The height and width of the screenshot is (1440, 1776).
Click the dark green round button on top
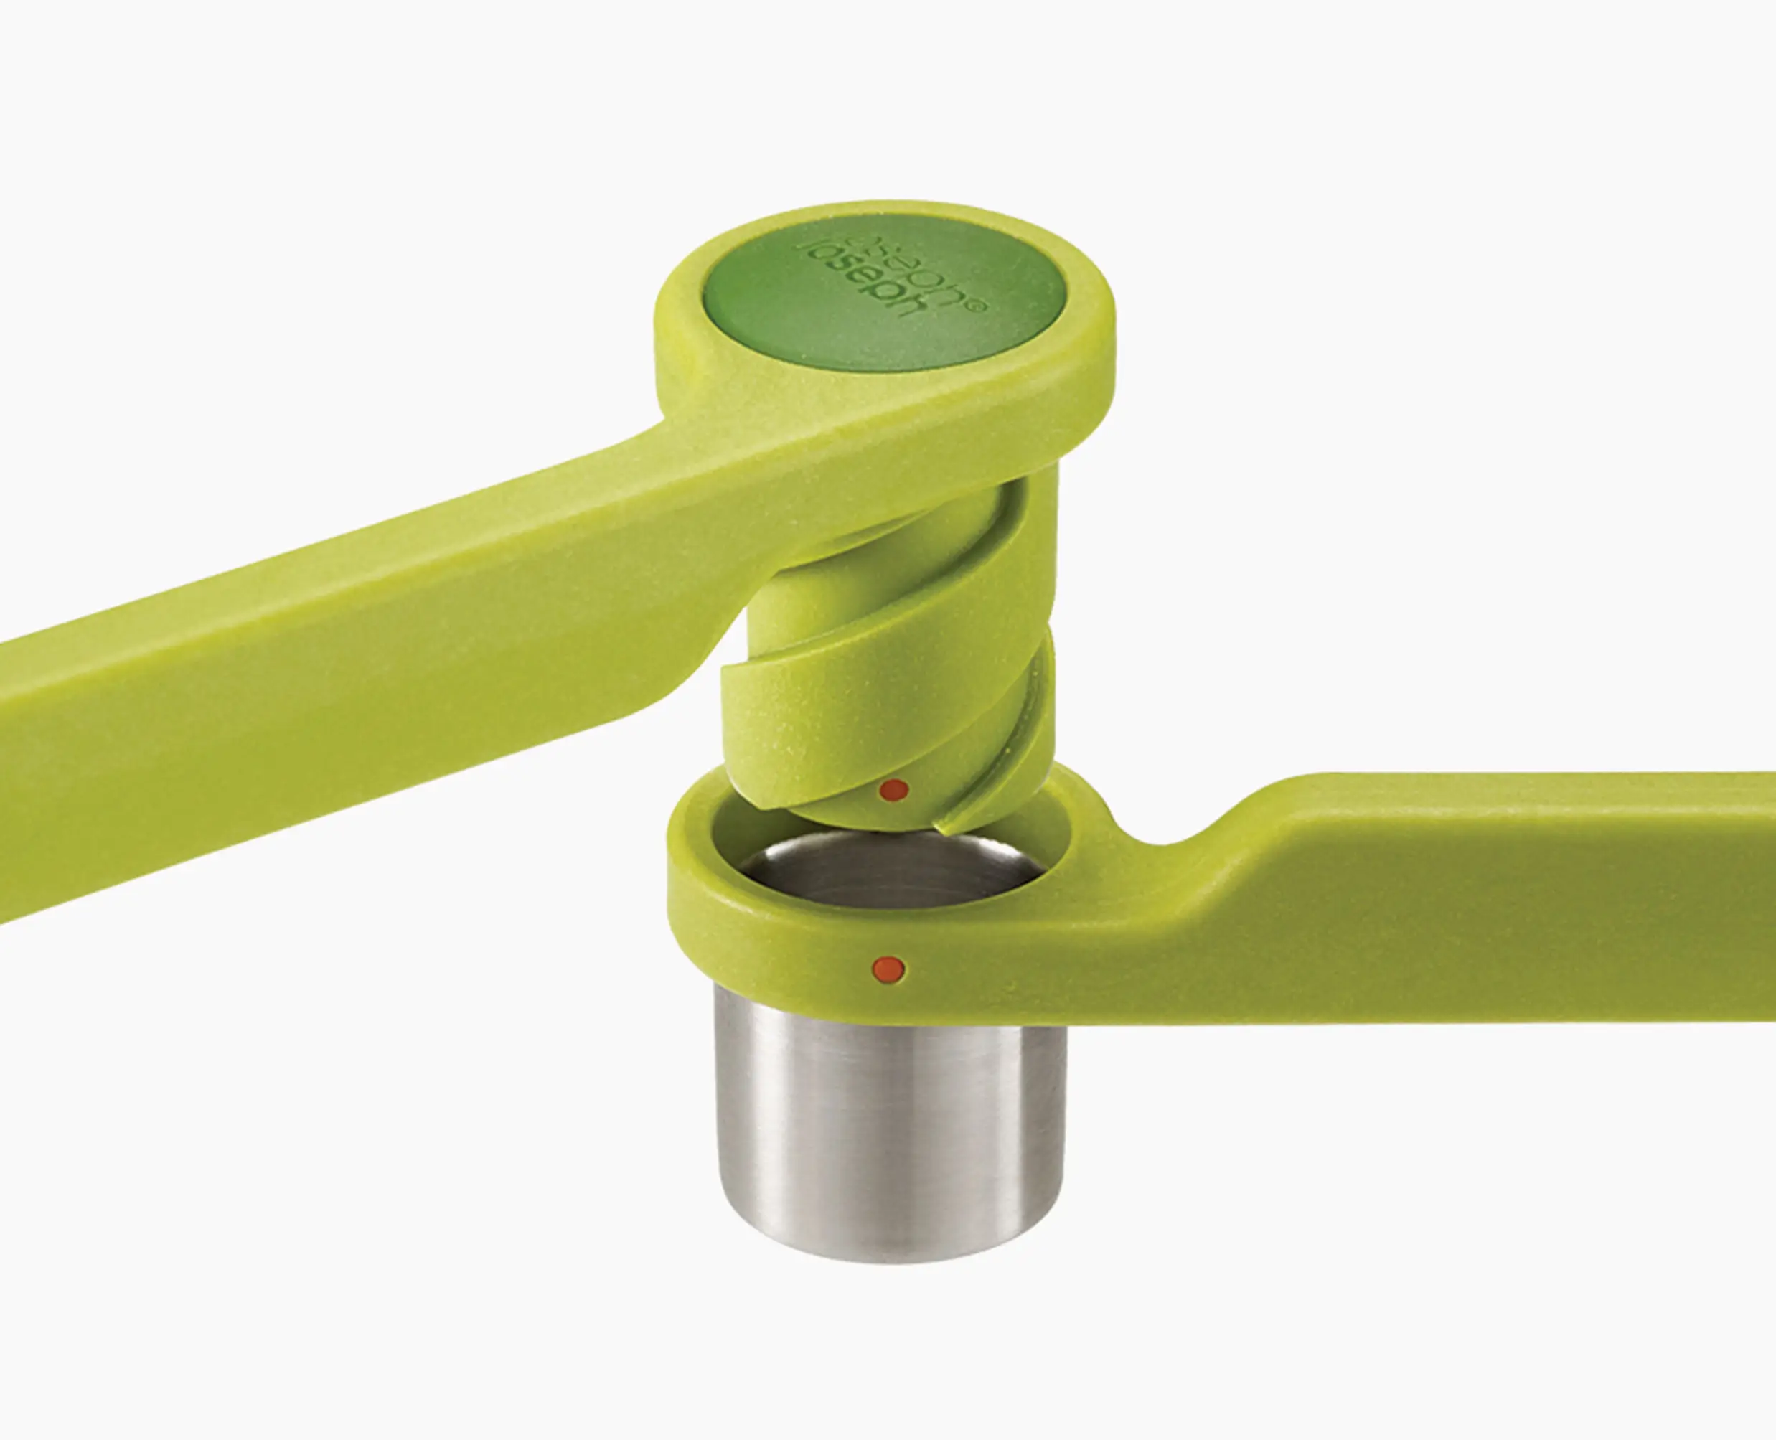click(x=883, y=307)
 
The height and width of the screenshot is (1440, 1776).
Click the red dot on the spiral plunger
click(x=893, y=790)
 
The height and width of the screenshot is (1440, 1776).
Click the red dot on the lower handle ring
click(x=888, y=968)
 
